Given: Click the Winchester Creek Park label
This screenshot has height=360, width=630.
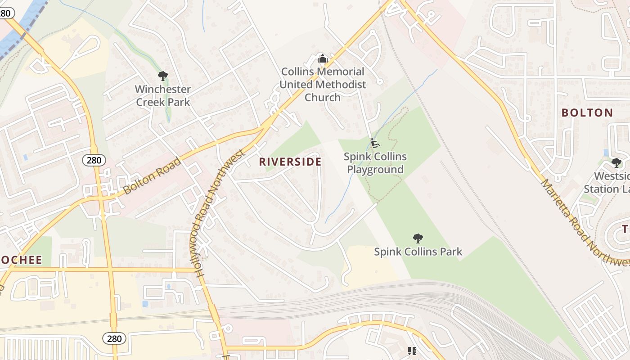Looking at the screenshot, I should (163, 95).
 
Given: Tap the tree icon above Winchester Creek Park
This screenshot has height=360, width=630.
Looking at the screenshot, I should (163, 76).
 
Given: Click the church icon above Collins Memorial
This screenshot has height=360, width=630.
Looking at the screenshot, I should (322, 58).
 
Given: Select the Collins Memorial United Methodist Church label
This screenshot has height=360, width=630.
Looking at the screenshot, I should (322, 84).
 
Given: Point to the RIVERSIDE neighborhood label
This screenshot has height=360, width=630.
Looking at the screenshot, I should (290, 162).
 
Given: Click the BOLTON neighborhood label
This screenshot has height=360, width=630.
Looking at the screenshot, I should (587, 112).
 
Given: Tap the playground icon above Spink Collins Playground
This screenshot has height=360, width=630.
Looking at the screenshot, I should (375, 144).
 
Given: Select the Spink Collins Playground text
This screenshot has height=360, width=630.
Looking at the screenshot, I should (375, 163).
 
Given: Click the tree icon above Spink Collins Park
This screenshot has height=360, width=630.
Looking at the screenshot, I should (418, 238).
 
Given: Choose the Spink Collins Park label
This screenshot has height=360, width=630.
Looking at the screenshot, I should (418, 252).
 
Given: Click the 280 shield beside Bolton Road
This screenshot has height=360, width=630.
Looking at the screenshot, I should (94, 160).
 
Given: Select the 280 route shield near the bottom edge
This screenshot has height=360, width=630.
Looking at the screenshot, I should (114, 338).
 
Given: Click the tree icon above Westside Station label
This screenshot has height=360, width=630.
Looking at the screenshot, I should (616, 162).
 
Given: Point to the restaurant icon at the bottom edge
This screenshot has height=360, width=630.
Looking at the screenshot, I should (412, 351).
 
